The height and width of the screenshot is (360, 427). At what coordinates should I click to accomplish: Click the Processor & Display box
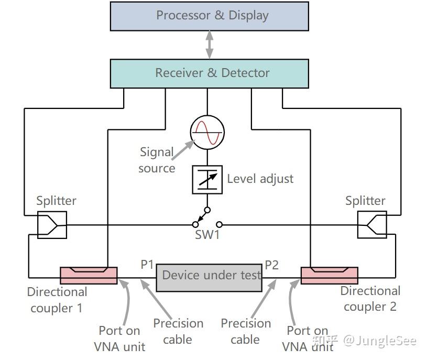(209, 16)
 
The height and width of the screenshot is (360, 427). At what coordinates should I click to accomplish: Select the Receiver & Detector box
(209, 73)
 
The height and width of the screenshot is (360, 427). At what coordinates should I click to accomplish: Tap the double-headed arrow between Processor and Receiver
(209, 45)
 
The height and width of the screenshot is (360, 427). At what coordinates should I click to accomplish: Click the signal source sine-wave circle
(207, 133)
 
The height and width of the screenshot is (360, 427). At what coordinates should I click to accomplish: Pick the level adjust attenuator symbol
(207, 180)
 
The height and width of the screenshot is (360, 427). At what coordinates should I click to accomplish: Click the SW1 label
(207, 235)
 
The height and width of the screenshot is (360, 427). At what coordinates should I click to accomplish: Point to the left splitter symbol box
(52, 225)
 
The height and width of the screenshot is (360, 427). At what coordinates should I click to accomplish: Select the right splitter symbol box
(372, 225)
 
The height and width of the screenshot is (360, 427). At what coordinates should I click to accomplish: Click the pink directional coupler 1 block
(89, 276)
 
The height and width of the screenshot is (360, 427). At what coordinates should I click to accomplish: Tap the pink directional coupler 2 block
(329, 276)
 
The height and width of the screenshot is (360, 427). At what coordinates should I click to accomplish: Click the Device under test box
(209, 278)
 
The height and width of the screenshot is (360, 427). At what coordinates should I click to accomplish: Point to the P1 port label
(147, 265)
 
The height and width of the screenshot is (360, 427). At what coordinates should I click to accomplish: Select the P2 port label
(271, 265)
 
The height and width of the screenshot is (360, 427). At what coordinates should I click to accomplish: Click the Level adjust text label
(260, 179)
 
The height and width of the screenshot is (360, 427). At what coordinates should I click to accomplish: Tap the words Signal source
(157, 160)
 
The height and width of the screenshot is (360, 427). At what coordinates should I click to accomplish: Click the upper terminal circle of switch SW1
(207, 210)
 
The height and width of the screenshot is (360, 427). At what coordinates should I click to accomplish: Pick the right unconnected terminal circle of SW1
(219, 224)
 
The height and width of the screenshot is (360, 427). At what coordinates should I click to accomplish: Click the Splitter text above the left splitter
(57, 201)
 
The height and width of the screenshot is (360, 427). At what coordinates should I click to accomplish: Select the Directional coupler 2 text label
(370, 299)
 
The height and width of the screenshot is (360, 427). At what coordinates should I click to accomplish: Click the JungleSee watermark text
(380, 341)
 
